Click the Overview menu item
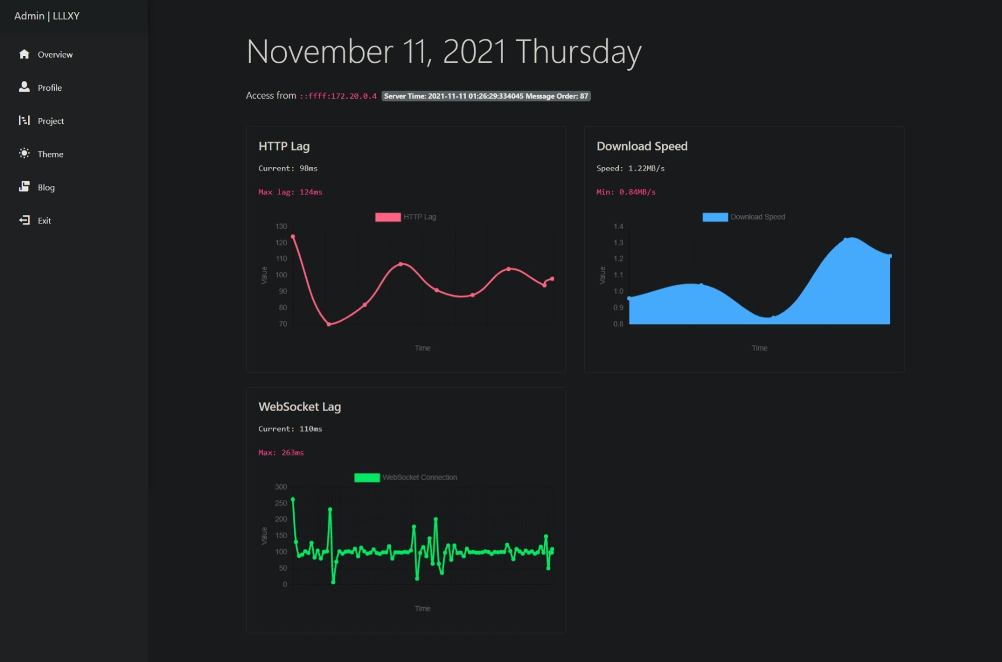tap(55, 55)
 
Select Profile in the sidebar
tap(50, 88)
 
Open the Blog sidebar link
tap(46, 188)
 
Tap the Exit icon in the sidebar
tap(25, 220)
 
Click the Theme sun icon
tap(24, 153)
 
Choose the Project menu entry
tap(50, 121)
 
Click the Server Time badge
tap(486, 96)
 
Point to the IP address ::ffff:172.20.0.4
tap(338, 96)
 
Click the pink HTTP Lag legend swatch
tap(388, 217)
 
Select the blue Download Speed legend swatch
tap(715, 217)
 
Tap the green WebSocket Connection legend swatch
tap(367, 477)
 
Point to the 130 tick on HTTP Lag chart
tap(281, 226)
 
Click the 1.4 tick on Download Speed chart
tap(618, 226)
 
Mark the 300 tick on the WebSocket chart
tap(281, 487)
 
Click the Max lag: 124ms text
tap(290, 192)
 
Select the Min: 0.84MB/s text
tap(626, 192)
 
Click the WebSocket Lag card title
tap(299, 407)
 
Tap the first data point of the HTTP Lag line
tap(293, 237)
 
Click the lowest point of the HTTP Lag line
tap(329, 324)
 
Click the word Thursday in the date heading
tap(578, 52)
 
